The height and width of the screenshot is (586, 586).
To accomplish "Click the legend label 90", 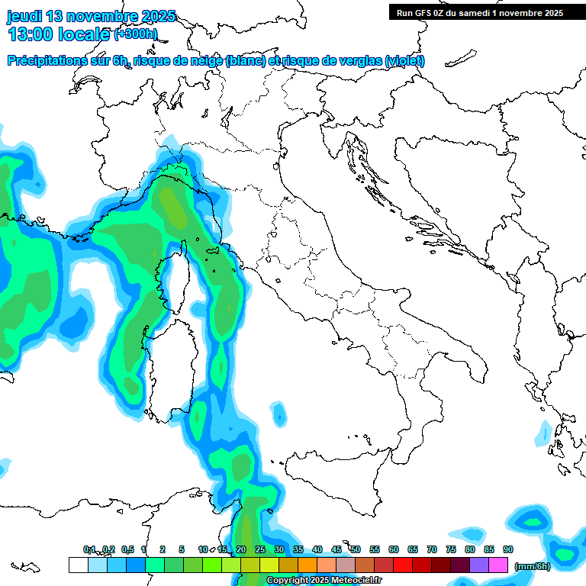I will click(x=508, y=549).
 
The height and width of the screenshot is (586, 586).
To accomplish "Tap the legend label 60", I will click(x=394, y=549).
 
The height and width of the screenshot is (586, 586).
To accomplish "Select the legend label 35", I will click(x=298, y=549).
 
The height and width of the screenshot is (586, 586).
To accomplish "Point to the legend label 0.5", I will click(x=127, y=549).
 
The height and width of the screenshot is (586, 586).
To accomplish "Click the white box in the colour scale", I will click(x=78, y=565).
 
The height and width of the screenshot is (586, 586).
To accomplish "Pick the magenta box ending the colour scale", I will click(x=498, y=565).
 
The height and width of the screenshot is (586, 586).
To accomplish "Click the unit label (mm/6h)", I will click(x=533, y=565).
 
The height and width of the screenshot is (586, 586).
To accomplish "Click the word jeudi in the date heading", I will click(x=25, y=16).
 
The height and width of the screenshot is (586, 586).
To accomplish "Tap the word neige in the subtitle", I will click(x=205, y=61).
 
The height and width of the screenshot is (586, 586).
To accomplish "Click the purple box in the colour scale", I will click(x=479, y=565).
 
